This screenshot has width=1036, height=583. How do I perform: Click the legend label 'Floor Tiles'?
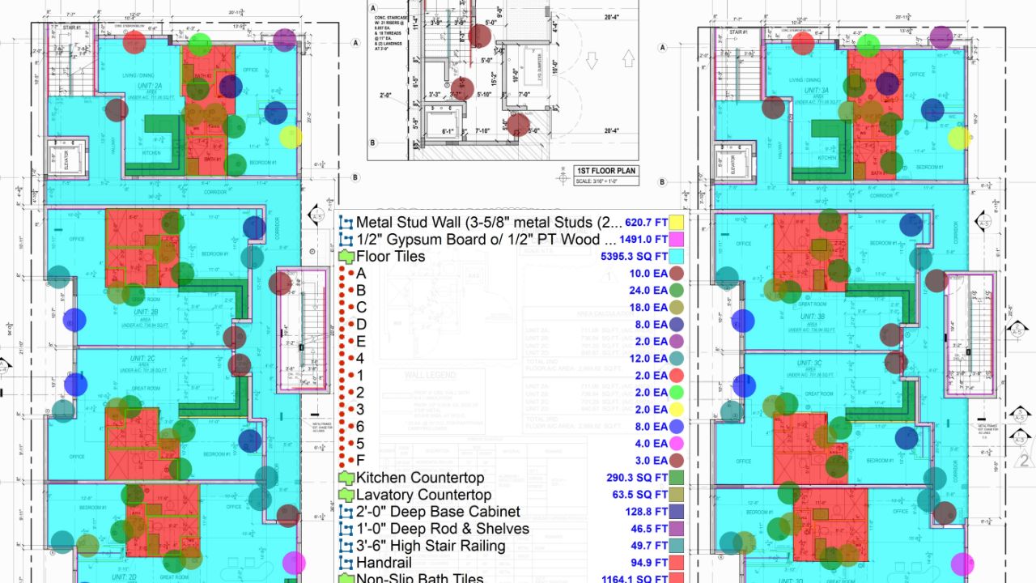(x=391, y=257)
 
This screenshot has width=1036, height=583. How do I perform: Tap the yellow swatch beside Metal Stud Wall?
(x=677, y=222)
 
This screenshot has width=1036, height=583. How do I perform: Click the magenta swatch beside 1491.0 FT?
(x=677, y=240)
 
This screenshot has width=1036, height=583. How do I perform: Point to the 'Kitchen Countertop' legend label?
(x=420, y=478)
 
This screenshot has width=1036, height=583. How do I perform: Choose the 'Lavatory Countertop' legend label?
(x=423, y=495)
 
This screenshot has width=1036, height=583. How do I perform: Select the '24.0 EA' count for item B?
(x=649, y=291)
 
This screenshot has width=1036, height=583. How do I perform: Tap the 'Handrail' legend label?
(x=384, y=563)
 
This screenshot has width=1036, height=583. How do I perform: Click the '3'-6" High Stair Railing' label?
(x=431, y=546)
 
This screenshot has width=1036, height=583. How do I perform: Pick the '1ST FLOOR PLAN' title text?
(x=605, y=171)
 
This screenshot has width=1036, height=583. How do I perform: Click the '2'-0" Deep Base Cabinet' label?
(x=438, y=512)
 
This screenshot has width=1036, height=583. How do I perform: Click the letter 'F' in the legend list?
(x=361, y=461)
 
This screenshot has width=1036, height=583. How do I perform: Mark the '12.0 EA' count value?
(x=649, y=359)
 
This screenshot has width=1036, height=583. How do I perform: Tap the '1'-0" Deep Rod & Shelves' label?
(x=443, y=529)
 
